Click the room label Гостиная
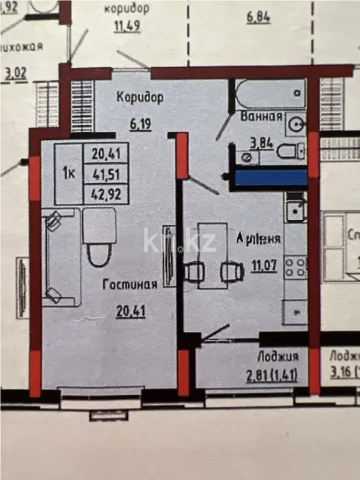pos(130,285)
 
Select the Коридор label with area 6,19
pos(140,98)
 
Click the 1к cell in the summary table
pos(68,173)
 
